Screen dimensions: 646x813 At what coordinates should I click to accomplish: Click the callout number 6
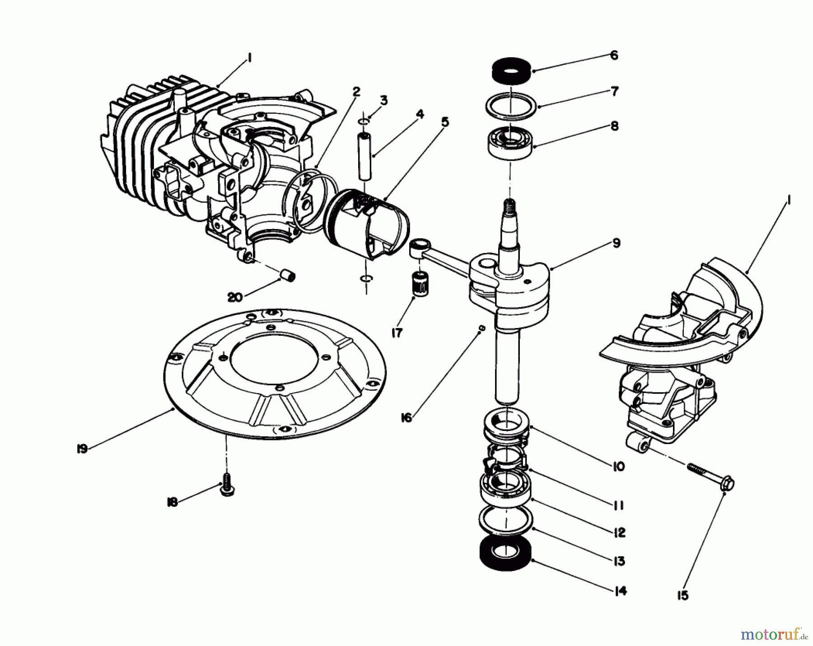pos(613,56)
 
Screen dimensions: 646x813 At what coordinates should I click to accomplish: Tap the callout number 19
pos(82,449)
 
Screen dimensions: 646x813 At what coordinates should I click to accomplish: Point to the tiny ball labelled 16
pos(481,328)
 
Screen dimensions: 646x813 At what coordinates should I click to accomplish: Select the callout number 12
pos(620,533)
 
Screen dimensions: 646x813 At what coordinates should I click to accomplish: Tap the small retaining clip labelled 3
pos(364,121)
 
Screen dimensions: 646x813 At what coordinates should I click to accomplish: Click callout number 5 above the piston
pos(445,122)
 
